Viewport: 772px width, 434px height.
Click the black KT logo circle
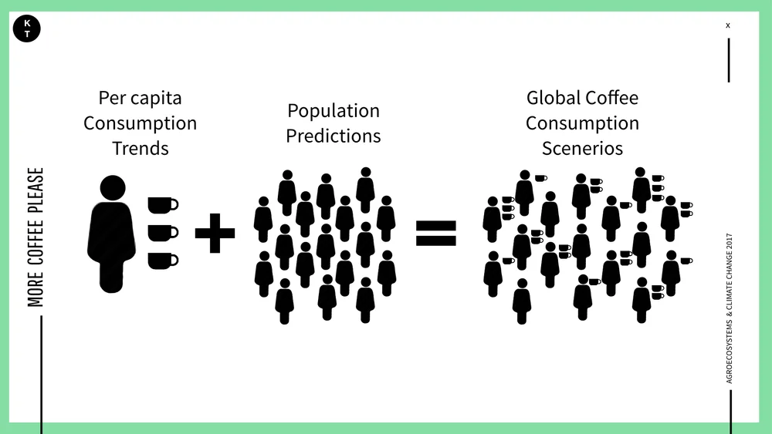[x=27, y=29]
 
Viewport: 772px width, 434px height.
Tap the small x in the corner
[x=727, y=25]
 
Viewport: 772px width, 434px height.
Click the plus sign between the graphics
[x=215, y=233]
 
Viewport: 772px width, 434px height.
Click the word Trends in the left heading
[x=140, y=148]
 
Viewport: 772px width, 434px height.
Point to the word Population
[x=333, y=111]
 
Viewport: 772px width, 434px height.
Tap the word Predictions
[x=333, y=136]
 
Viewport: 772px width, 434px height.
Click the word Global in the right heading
[x=553, y=98]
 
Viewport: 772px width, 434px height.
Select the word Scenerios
[x=582, y=148]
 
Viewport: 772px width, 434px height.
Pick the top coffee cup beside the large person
[x=162, y=204]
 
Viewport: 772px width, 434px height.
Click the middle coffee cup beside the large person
[x=162, y=232]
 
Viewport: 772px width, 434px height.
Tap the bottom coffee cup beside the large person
[x=162, y=261]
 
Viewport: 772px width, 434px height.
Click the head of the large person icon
[x=113, y=187]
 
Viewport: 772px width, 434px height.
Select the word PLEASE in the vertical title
[x=36, y=189]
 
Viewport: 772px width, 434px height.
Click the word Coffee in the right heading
[x=612, y=98]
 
